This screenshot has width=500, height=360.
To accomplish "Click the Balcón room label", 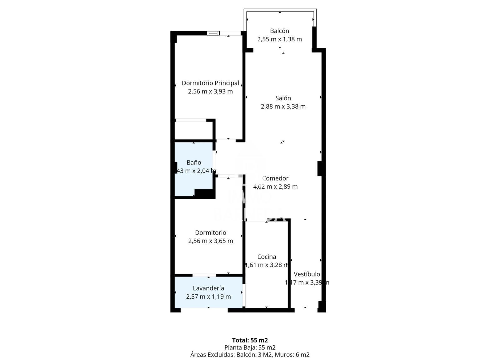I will click(x=279, y=31).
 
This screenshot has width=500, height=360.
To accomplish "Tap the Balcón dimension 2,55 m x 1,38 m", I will click(x=279, y=39).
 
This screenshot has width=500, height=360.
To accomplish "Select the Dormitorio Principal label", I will click(x=210, y=83).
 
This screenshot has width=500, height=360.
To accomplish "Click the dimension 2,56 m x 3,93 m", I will click(x=210, y=92).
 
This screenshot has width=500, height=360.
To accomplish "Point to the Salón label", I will click(x=283, y=98).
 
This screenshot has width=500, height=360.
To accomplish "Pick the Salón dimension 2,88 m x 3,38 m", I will click(x=283, y=107).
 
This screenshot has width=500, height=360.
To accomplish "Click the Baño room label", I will click(x=194, y=163).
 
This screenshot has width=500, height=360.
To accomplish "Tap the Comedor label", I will click(x=275, y=178).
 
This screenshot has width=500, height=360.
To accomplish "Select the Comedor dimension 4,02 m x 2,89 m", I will click(x=275, y=187).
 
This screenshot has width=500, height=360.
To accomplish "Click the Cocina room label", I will click(x=267, y=257).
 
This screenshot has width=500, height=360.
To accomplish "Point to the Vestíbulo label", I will click(x=307, y=274).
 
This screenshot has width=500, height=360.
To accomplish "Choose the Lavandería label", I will click(x=208, y=288).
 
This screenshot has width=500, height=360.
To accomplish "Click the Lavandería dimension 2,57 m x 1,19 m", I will click(x=208, y=297).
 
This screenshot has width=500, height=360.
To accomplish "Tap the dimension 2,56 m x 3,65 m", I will click(x=210, y=241).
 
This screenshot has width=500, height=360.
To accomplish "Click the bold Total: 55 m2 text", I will click(x=250, y=340).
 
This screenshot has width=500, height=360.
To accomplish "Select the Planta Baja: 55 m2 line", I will click(x=250, y=347).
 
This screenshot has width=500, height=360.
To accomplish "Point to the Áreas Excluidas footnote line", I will click(x=250, y=355).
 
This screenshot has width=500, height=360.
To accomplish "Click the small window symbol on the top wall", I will click(x=213, y=33).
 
